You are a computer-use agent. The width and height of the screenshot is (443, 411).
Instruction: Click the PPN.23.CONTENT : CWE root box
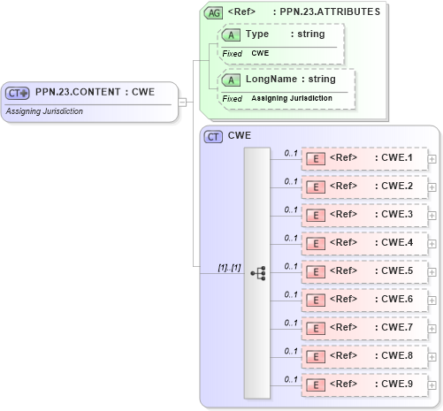pyautogui.click(x=88, y=92)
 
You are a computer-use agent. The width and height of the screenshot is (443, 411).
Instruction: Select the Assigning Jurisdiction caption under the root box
pyautogui.click(x=43, y=111)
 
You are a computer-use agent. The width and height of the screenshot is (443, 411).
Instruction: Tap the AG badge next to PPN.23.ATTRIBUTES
pyautogui.click(x=213, y=12)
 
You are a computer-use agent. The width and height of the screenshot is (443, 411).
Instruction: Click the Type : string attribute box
pyautogui.click(x=277, y=34)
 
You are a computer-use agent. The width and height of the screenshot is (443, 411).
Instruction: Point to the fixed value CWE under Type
pyautogui.click(x=260, y=53)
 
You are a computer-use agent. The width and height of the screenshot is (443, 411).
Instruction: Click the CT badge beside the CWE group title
pyautogui.click(x=213, y=137)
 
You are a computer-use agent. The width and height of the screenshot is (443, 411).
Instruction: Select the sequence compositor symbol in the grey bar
pyautogui.click(x=257, y=273)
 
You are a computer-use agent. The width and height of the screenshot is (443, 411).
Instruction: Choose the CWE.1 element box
pyautogui.click(x=363, y=158)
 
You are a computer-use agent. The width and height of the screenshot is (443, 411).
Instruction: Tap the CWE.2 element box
pyautogui.click(x=363, y=186)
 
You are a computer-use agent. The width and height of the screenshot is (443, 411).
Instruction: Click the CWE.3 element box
pyautogui.click(x=363, y=215)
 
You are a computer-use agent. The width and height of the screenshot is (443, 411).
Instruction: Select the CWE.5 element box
pyautogui.click(x=363, y=271)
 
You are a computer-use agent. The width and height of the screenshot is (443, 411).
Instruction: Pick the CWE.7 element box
pyautogui.click(x=363, y=328)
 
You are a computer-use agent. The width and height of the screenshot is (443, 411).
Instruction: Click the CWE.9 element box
pyautogui.click(x=363, y=384)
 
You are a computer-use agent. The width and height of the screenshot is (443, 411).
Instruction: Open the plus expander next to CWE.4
pyautogui.click(x=432, y=243)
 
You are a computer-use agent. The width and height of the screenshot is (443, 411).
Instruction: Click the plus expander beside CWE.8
pyautogui.click(x=432, y=356)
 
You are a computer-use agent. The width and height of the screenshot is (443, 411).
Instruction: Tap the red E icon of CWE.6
pyautogui.click(x=315, y=300)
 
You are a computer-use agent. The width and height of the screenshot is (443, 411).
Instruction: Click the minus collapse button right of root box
pyautogui.click(x=182, y=101)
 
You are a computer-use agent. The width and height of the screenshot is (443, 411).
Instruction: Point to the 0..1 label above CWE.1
pyautogui.click(x=290, y=153)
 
